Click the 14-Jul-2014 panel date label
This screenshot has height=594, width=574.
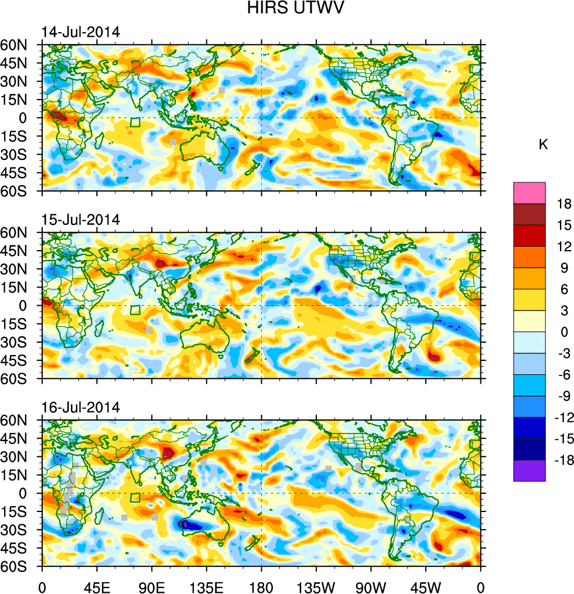[81, 32]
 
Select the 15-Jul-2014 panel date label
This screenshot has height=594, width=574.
[81, 220]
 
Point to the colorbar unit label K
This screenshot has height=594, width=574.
[543, 144]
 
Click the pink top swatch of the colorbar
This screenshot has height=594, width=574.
[529, 193]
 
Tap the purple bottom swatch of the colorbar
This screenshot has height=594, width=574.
[529, 471]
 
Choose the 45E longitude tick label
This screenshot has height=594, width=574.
[97, 586]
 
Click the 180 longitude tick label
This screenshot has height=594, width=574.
[261, 586]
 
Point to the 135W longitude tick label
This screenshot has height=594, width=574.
[316, 586]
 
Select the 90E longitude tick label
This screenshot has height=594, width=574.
[152, 586]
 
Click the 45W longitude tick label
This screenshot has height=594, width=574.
[425, 586]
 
